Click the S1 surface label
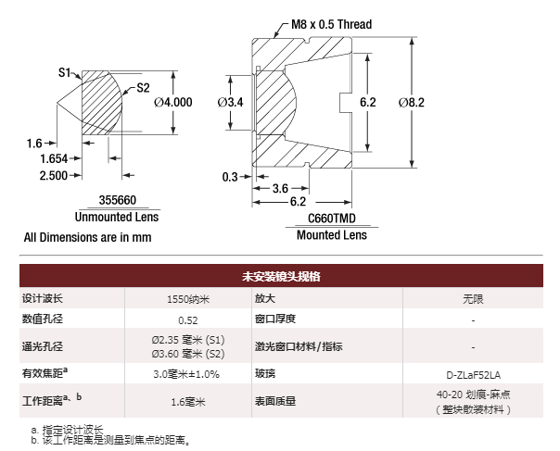coord(65,70)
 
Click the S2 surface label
coord(143,89)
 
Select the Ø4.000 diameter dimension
coord(173,103)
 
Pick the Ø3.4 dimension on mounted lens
coord(229,102)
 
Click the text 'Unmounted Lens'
coord(117,217)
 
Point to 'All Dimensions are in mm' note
coord(87,237)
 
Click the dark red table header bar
coord(281,276)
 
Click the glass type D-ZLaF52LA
coord(474,375)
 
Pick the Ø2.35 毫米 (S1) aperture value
coord(188,340)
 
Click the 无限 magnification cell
coord(474,299)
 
